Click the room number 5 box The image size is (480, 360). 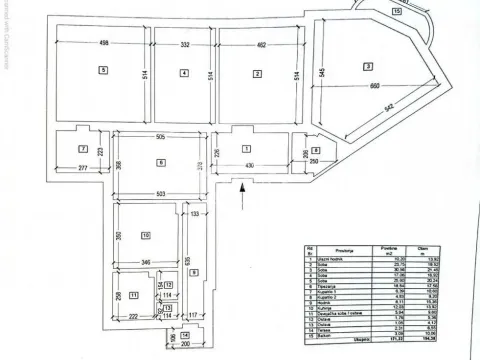[102, 71]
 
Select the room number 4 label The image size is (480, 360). [184, 73]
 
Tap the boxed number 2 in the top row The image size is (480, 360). [257, 74]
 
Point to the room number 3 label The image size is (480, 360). [368, 67]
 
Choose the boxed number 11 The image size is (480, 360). [133, 296]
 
